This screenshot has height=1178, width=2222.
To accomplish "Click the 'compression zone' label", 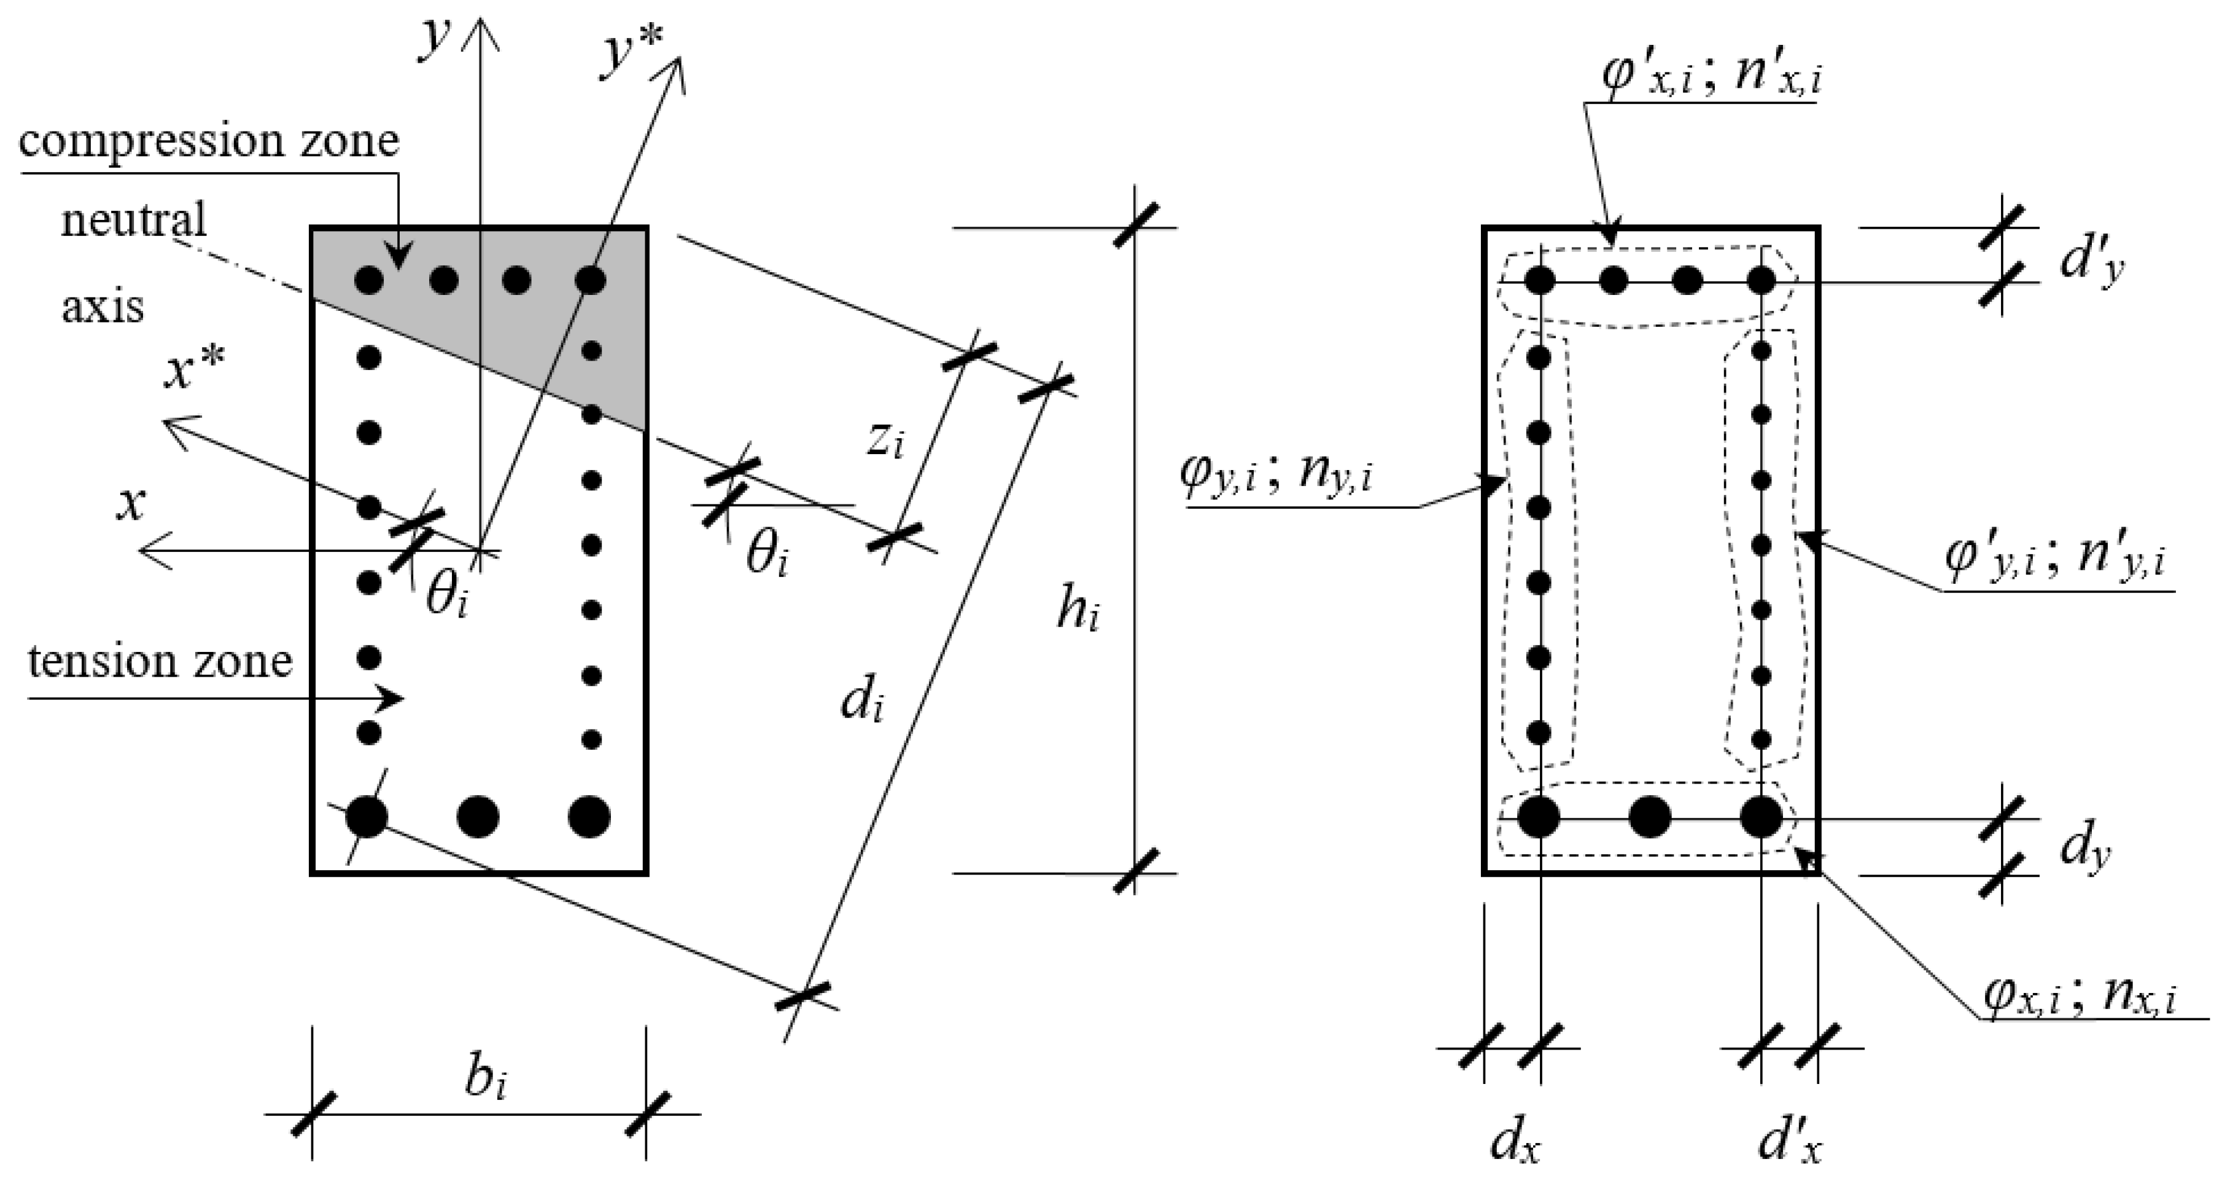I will [209, 141].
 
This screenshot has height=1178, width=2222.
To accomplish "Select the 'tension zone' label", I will [160, 662].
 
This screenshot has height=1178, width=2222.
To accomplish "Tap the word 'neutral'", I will [134, 219].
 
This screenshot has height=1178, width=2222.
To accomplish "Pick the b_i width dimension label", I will [485, 1078].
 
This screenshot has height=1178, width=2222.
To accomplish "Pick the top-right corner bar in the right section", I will [1762, 280].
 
